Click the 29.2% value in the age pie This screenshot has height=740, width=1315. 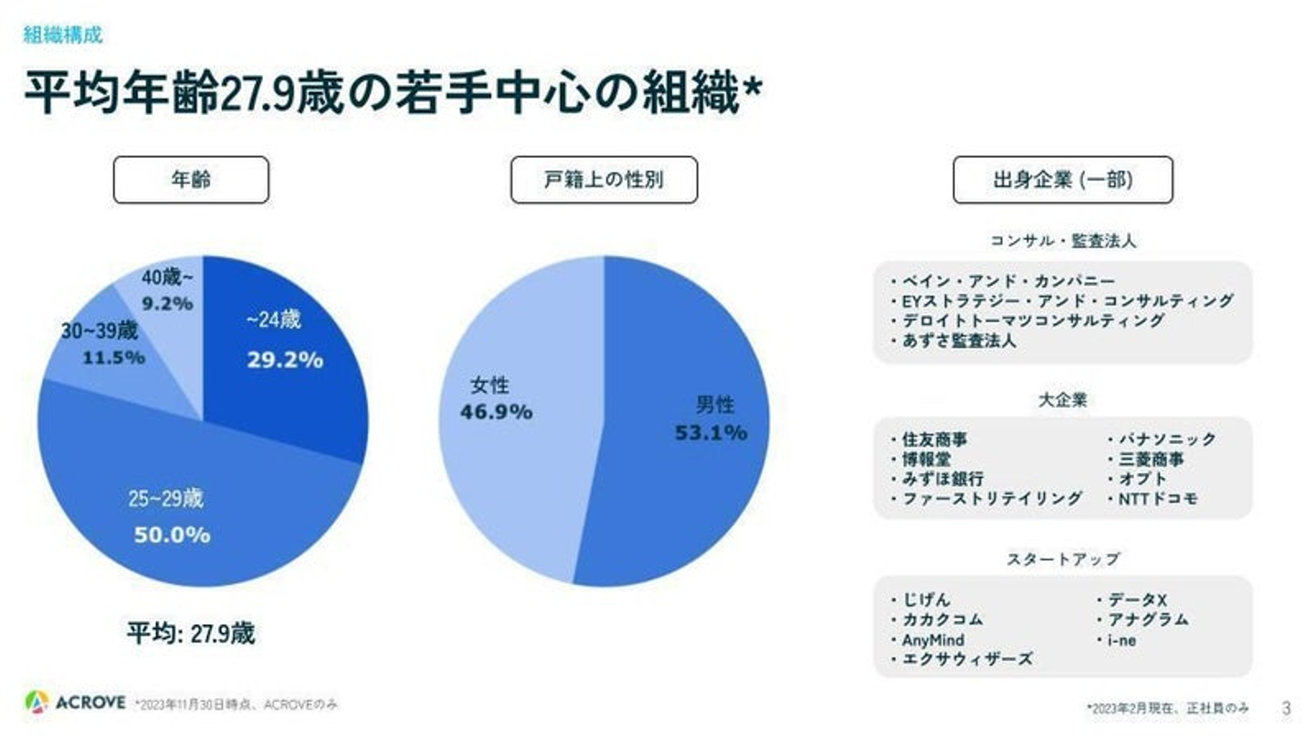coord(285,360)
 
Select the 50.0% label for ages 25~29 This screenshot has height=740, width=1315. coord(173,535)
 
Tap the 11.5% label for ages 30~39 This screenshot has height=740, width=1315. coord(114,357)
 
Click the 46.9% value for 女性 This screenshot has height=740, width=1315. coord(496,412)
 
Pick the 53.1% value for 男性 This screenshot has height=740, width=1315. coord(710,432)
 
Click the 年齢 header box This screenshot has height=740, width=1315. coord(191,180)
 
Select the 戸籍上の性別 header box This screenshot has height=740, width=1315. coord(604,180)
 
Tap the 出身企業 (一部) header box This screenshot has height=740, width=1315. coord(1062,180)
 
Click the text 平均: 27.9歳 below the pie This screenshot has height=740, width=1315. coord(191,634)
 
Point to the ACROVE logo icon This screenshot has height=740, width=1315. coord(37,702)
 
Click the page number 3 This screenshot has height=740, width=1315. coord(1287,708)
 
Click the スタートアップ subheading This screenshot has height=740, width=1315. coord(1063,558)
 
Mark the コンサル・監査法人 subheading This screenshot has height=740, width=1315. coord(1063,241)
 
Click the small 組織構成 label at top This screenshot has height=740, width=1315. coord(62,36)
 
